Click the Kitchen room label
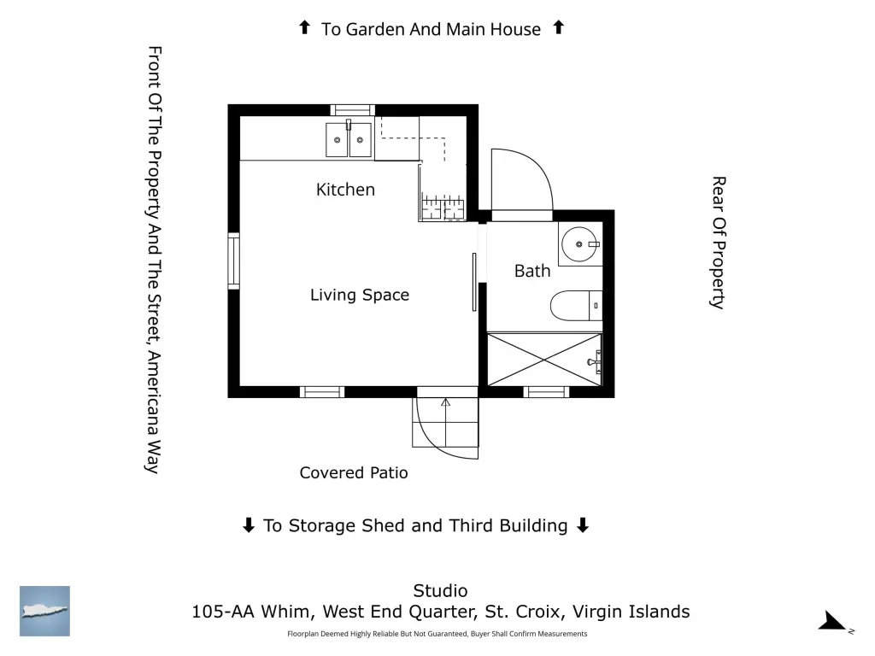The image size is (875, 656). [x=345, y=190]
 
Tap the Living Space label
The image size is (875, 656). [x=360, y=295]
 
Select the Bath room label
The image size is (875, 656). [x=532, y=271]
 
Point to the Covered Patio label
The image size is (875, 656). [x=354, y=472]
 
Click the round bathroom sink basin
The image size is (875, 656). [x=579, y=244]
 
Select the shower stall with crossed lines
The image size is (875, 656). [x=544, y=360]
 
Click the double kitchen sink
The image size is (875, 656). [x=349, y=139]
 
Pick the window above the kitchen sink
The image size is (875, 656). [x=352, y=110]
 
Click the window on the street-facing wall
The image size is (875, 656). [x=234, y=261]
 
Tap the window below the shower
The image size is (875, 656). [x=546, y=392]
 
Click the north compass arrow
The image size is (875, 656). [x=832, y=621]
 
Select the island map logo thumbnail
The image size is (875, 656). [x=44, y=611]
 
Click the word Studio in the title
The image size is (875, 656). [x=440, y=591]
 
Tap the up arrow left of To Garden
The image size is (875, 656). [x=305, y=27]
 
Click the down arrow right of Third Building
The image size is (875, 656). [x=583, y=525]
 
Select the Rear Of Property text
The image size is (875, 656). [x=719, y=243]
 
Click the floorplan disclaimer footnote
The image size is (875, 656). [x=437, y=634]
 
